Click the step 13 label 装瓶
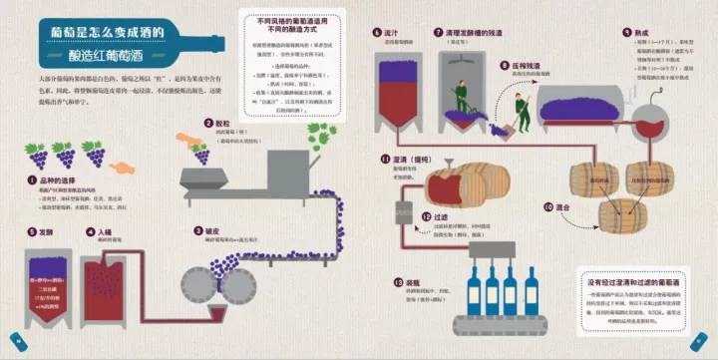[413, 283]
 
